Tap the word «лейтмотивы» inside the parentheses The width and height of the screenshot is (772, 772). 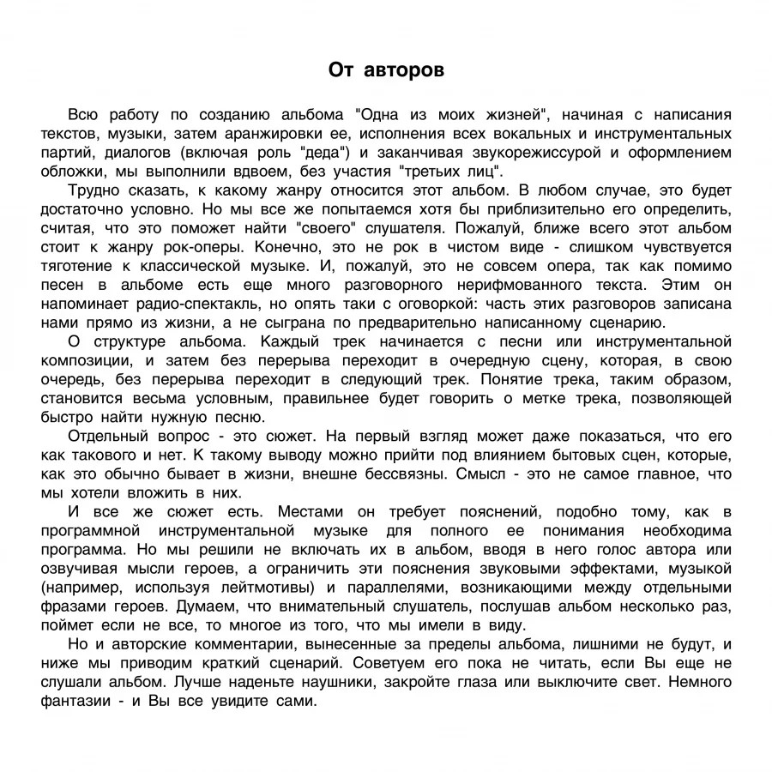click(263, 587)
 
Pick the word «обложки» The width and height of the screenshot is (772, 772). click(69, 172)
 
